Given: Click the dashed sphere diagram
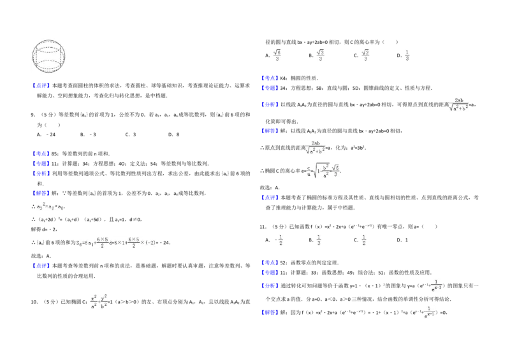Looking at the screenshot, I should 50,56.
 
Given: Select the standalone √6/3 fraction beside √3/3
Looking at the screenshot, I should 277,54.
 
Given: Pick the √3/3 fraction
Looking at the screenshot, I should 321,55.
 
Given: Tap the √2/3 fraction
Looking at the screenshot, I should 365,55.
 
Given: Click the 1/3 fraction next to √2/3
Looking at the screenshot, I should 407,55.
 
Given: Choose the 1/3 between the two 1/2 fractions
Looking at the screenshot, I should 318,240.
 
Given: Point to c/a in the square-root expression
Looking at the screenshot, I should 310,170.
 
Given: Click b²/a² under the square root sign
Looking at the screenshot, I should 325,171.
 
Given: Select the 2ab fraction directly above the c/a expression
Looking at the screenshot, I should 314,147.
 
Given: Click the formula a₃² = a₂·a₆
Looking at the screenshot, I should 51,206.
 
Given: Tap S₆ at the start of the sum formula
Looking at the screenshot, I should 79,242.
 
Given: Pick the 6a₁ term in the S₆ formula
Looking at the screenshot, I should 93,242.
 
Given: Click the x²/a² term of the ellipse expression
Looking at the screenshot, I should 94,301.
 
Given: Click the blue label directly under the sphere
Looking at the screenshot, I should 41,87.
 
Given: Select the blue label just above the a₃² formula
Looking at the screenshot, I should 41,194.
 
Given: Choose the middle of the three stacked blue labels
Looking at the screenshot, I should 41,164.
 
